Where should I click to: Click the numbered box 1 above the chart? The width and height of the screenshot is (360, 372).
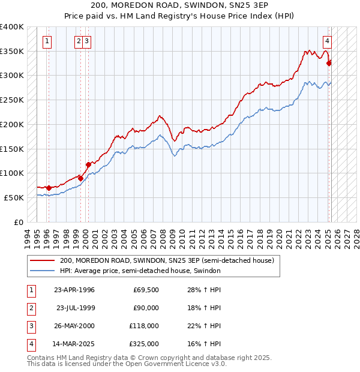coord(47,41)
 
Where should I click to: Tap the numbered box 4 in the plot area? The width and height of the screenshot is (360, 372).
coord(327,41)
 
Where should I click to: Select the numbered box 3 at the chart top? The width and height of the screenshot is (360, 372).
coord(87,41)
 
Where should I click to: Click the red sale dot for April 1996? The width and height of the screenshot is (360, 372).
coord(49,188)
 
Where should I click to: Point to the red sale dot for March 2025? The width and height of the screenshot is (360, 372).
coord(329,62)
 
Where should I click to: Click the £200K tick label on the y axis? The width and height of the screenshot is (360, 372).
coord(12,124)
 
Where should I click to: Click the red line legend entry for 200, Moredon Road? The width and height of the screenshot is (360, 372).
coord(167,260)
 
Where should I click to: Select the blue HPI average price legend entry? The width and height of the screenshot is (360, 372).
coord(140,271)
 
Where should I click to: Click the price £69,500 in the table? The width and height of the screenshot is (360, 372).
coord(146,290)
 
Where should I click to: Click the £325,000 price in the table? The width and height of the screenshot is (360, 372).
coord(144,344)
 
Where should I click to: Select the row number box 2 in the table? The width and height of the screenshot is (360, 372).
coord(31,308)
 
